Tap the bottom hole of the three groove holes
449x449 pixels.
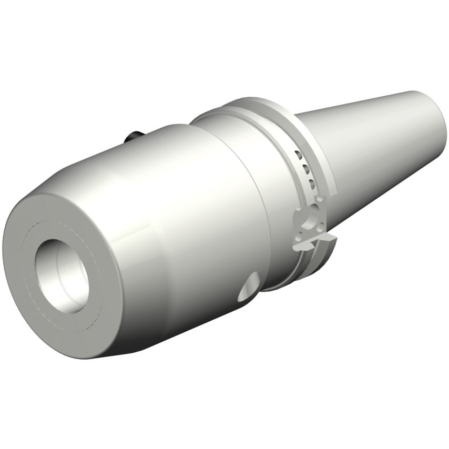312,183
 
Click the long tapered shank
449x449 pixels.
379,142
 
